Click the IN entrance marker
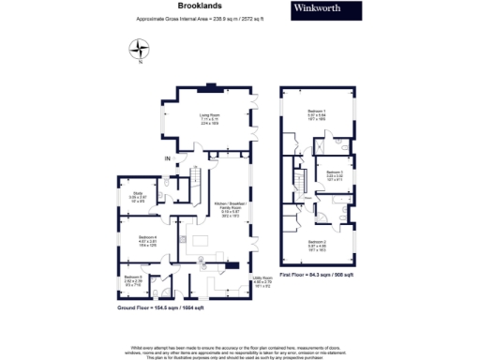click(169, 159)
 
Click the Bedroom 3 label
click(335, 175)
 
